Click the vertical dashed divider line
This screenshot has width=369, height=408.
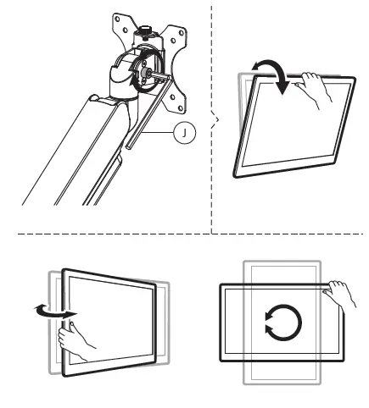pos(211,51)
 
